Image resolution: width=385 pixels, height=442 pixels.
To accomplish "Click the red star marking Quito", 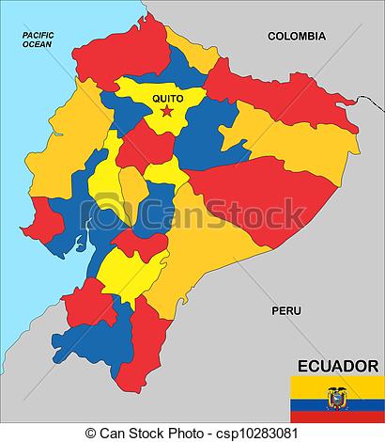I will pos(167,112).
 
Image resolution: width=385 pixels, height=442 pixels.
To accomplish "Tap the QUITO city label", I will pos(166,97).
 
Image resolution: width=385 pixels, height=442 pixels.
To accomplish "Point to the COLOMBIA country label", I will pos(297,36).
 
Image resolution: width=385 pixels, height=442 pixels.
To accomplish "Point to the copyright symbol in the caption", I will pos(91,434).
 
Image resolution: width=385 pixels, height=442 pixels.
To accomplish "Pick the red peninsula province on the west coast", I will pos(42,226).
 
